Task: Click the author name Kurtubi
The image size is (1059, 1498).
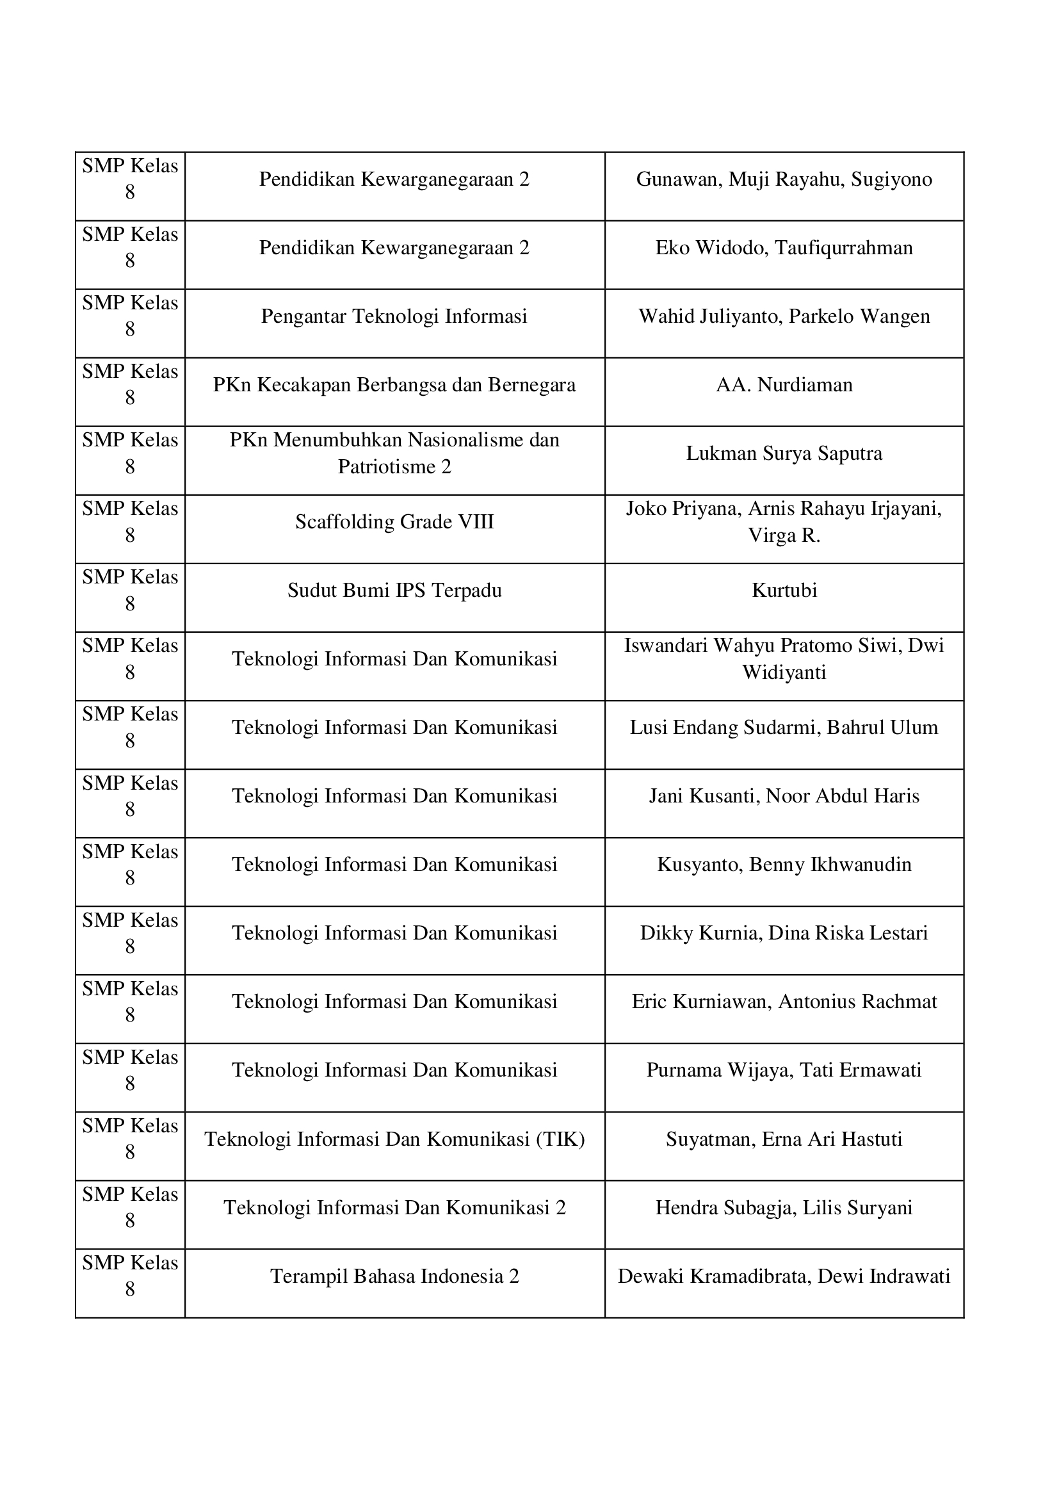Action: pyautogui.click(x=784, y=590)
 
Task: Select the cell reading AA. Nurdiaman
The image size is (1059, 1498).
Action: pyautogui.click(x=784, y=385)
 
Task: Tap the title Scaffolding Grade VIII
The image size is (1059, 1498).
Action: pyautogui.click(x=394, y=522)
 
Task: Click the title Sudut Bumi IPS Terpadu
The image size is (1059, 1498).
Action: pyautogui.click(x=394, y=590)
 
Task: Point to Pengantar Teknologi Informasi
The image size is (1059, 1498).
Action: pyautogui.click(x=394, y=316)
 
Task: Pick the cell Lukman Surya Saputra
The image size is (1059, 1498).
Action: pyautogui.click(x=784, y=453)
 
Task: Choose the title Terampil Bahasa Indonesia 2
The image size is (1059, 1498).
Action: pyautogui.click(x=394, y=1276)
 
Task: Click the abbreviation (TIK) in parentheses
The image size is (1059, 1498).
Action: pyautogui.click(x=560, y=1139)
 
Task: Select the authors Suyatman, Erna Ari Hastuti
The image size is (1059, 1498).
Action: pyautogui.click(x=784, y=1139)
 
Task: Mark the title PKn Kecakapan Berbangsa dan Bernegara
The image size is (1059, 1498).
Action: pyautogui.click(x=394, y=385)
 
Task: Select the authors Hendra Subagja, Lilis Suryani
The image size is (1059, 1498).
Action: pyautogui.click(x=784, y=1208)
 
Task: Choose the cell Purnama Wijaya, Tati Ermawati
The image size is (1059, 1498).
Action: pyautogui.click(x=784, y=1070)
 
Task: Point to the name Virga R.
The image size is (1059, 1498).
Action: pyautogui.click(x=784, y=535)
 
